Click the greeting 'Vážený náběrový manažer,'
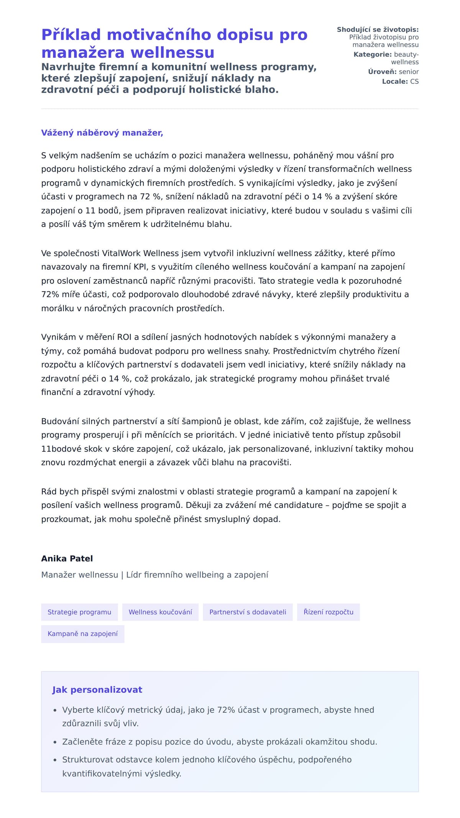[102, 133]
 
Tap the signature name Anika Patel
[67, 558]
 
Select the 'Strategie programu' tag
[79, 612]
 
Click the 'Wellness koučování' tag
[160, 612]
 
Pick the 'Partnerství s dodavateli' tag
[248, 612]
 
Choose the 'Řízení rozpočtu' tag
[328, 612]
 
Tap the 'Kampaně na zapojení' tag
[82, 634]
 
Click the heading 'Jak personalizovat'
[97, 690]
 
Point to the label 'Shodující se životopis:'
[378, 29]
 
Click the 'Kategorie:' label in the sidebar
[372, 54]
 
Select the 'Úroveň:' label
[382, 72]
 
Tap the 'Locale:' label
[395, 82]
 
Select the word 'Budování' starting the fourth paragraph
[60, 421]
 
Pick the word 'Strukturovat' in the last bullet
[88, 759]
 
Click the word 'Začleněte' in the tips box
[81, 742]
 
